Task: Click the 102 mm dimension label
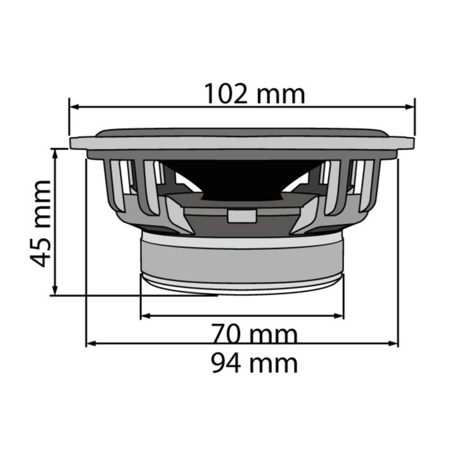pos(254,94)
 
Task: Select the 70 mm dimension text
pos(254,334)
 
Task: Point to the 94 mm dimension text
pos(254,363)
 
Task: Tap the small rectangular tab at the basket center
pos(242,215)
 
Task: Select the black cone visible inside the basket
pos(242,179)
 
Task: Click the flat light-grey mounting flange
pos(242,143)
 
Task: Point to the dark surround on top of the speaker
pos(242,133)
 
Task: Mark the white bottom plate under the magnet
pos(242,284)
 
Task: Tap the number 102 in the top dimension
pos(227,94)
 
